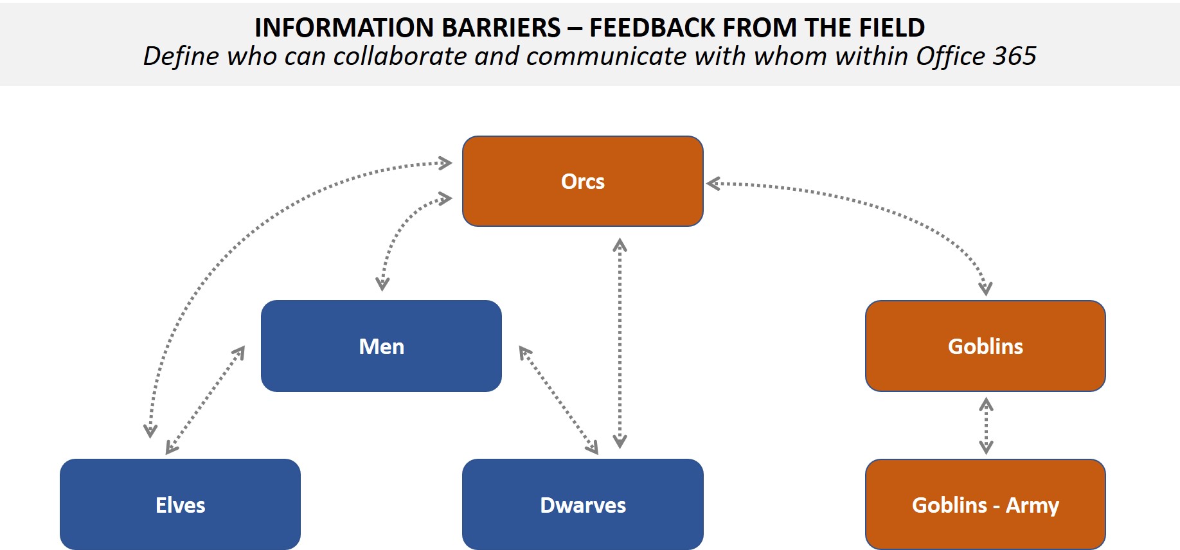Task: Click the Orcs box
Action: tap(582, 181)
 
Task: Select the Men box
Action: tap(381, 346)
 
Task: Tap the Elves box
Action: tap(180, 505)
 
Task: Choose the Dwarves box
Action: tap(582, 505)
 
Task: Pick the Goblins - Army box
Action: tap(985, 505)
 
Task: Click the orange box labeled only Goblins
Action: tap(985, 346)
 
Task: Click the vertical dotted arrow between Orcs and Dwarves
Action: tap(620, 344)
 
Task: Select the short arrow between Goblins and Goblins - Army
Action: tap(986, 426)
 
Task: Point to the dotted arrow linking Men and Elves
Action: tap(205, 400)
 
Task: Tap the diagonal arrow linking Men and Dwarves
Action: tap(559, 400)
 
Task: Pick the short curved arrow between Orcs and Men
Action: tap(402, 231)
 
